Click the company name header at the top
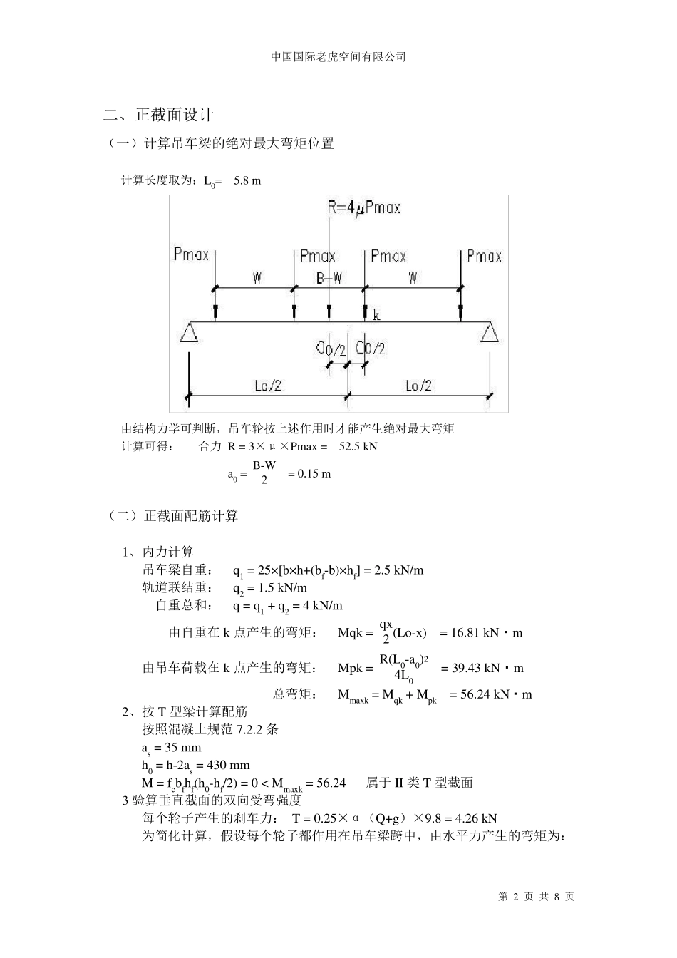[338, 57]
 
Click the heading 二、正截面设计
[158, 115]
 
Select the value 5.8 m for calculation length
[247, 181]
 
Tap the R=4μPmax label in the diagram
[363, 207]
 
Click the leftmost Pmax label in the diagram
[191, 254]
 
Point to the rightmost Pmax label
[484, 256]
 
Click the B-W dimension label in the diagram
[329, 278]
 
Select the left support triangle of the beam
[188, 333]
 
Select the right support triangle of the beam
[489, 333]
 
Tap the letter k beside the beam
[376, 315]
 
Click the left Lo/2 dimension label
[268, 386]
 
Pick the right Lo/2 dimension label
[418, 386]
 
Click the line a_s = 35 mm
[172, 748]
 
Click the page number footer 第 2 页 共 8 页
[536, 897]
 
